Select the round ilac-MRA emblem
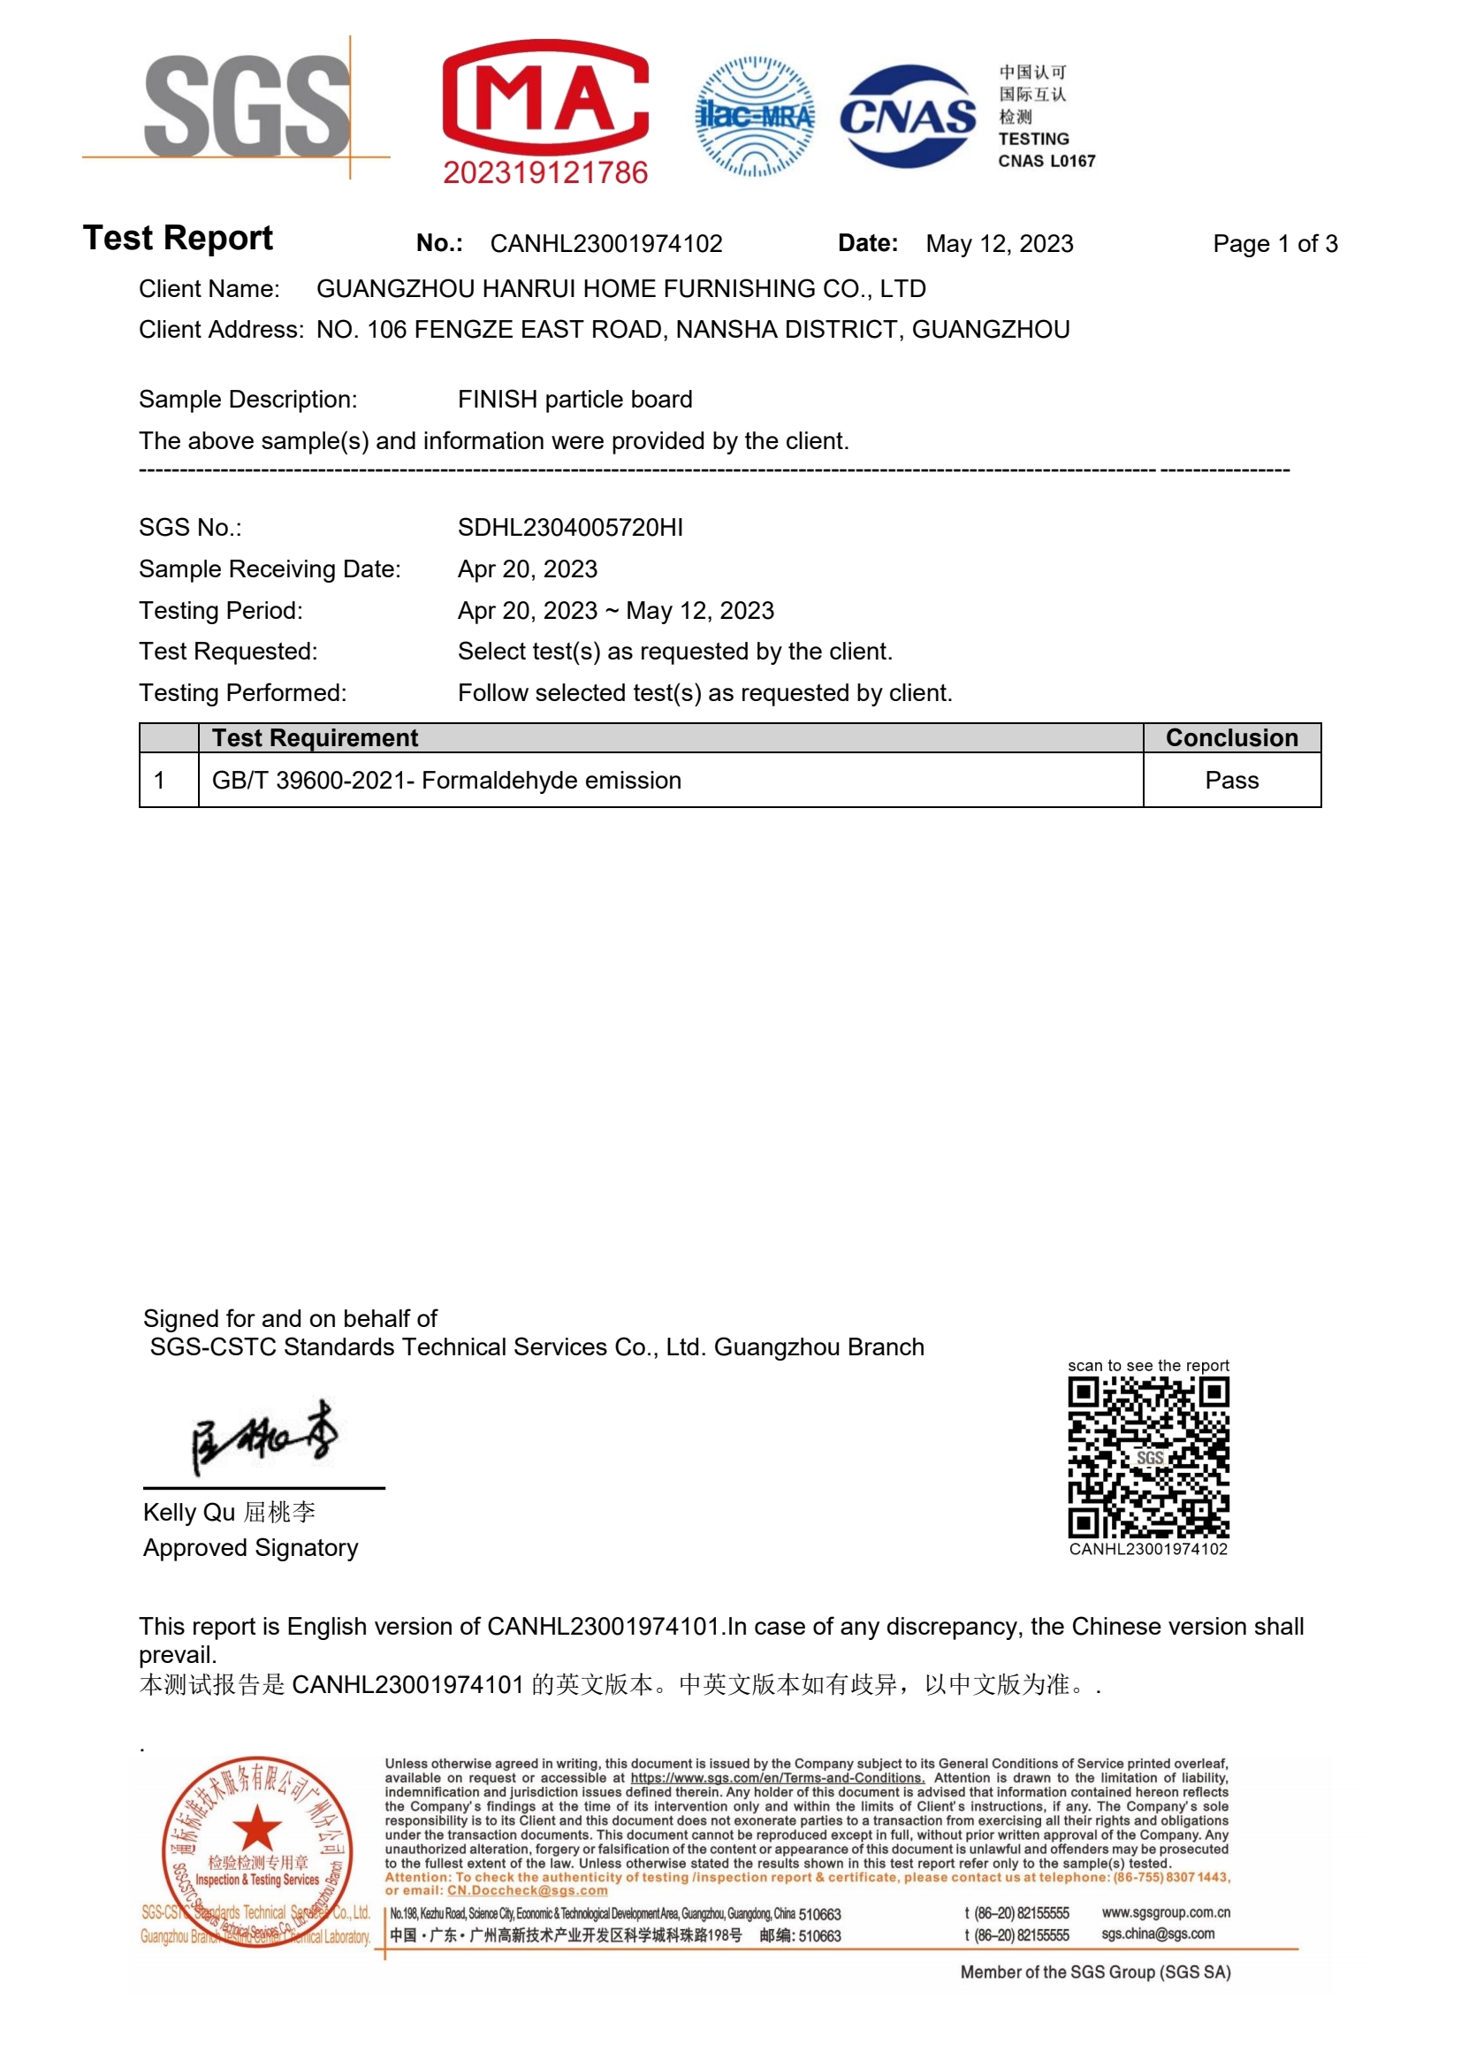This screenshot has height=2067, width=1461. pos(756,116)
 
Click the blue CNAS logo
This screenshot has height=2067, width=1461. pos(908,116)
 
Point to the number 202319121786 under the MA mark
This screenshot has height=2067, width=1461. pos(545,172)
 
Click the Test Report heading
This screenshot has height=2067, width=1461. pos(178,239)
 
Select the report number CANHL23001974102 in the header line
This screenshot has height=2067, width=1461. pos(605,244)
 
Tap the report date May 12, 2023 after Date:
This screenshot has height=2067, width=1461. pos(1000,244)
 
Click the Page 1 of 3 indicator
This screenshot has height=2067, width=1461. pos(1275,244)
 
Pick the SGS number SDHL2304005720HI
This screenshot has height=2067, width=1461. pos(570,528)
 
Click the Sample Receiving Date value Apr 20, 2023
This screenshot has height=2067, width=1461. pos(528,569)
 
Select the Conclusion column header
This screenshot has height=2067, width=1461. pos(1231,738)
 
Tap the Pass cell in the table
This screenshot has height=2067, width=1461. pos(1231,781)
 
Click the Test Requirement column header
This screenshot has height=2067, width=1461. pos(315,738)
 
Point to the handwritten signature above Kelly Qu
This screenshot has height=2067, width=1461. pos(263,1436)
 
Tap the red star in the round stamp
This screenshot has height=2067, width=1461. pos(256,1828)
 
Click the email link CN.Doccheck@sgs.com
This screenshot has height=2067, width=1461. pos(528,1890)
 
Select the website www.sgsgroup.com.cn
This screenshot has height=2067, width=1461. pos(1166,1911)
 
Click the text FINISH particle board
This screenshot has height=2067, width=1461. pos(575,400)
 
